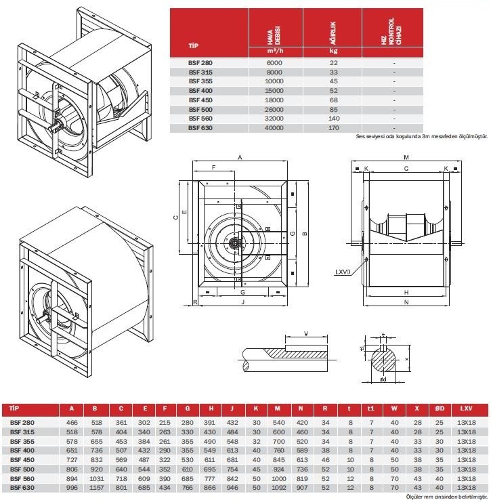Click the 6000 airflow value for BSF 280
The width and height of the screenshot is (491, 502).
(x=274, y=63)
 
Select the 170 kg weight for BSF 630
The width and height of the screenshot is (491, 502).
(x=333, y=128)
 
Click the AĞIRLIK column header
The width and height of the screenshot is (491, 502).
(x=333, y=33)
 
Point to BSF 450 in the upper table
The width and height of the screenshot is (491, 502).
(x=200, y=100)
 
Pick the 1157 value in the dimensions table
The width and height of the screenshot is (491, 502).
(x=97, y=488)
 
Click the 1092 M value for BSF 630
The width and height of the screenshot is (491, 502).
(x=278, y=488)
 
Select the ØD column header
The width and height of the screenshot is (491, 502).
(x=440, y=409)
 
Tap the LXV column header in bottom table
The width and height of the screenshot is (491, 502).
(x=467, y=409)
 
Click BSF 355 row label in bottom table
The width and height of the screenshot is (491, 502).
(x=22, y=441)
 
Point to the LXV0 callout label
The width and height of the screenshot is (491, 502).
(x=343, y=272)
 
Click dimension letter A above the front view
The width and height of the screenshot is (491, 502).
(x=240, y=157)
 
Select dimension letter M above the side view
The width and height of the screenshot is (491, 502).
(x=406, y=157)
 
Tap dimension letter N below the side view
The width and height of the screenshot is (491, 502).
(x=406, y=302)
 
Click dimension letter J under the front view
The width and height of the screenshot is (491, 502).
(x=243, y=302)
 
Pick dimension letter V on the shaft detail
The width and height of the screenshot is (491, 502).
(x=306, y=333)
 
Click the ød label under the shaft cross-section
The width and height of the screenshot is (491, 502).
(x=383, y=379)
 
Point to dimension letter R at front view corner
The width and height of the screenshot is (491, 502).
(x=195, y=302)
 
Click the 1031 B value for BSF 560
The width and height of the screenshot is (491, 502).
(x=97, y=479)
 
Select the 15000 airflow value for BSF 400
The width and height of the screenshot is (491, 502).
(x=274, y=91)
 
